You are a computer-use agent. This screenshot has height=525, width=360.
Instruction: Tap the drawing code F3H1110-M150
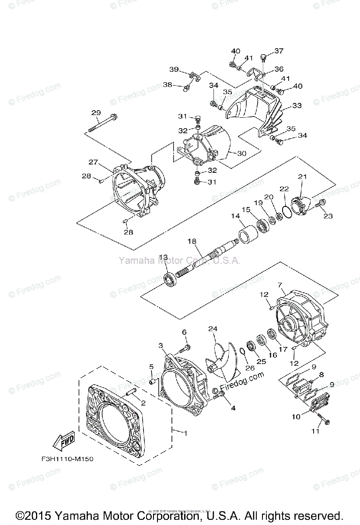(65, 459)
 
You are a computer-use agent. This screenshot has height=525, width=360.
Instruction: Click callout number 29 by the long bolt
(96, 113)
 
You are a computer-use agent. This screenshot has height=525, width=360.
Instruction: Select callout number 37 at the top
(279, 51)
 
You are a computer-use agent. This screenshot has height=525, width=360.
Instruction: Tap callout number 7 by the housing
(280, 285)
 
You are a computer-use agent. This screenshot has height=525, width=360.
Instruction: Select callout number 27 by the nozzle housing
(93, 162)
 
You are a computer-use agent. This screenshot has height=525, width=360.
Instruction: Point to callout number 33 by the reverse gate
(297, 105)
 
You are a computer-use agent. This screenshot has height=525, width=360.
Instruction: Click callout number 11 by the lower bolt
(315, 431)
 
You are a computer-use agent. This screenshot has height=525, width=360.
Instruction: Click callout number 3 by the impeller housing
(162, 346)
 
